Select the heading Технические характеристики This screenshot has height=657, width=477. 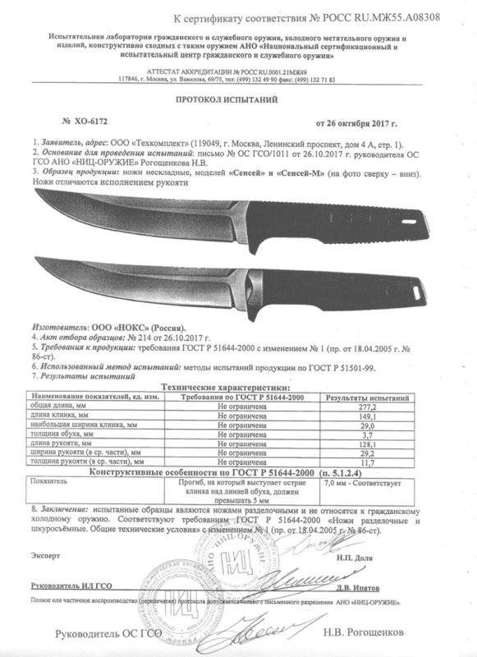point(239,385)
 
